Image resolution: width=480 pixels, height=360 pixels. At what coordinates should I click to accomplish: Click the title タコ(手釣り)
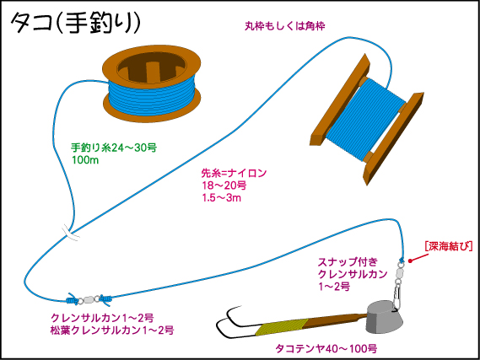76,24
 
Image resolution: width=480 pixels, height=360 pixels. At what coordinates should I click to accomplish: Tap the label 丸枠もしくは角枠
284,26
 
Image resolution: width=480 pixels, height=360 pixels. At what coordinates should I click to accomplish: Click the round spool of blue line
152,83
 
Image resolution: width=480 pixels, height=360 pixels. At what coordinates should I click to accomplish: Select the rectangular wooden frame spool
367,119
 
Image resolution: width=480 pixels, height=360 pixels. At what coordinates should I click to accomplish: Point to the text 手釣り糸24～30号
114,148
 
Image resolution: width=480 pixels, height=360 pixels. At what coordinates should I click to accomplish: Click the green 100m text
85,160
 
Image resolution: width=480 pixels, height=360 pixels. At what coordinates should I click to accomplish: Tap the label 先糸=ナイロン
234,173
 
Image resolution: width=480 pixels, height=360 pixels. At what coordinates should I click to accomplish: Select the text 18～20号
224,185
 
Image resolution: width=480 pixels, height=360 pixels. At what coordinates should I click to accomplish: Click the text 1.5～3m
222,197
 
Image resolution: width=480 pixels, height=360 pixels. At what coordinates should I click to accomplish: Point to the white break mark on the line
70,233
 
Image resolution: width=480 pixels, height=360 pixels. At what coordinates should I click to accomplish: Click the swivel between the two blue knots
89,299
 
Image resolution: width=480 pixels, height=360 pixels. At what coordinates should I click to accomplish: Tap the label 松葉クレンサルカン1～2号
112,330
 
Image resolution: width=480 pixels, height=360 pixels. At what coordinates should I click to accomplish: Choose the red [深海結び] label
449,246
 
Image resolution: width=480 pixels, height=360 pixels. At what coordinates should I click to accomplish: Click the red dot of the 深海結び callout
411,261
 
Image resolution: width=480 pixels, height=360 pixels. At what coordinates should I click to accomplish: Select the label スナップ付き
348,262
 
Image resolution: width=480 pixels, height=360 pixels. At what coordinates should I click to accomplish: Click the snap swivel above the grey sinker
398,284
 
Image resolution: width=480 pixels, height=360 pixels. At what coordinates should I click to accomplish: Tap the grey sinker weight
385,317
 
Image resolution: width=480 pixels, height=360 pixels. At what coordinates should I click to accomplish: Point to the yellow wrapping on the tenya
282,326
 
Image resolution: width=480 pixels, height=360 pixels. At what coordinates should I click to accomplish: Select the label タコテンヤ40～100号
326,348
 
